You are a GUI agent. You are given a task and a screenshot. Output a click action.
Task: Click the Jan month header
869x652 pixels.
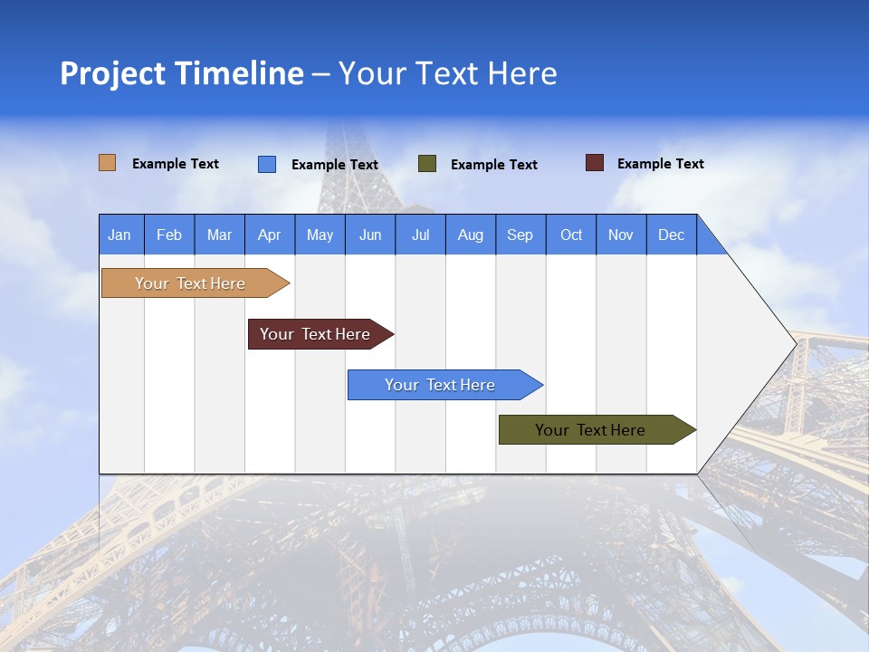tap(120, 235)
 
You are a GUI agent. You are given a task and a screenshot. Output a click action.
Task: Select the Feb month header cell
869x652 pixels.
tap(169, 235)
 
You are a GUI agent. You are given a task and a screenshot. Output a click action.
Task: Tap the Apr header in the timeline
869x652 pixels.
tap(270, 235)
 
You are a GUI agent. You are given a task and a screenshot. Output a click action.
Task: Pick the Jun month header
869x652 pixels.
tap(370, 235)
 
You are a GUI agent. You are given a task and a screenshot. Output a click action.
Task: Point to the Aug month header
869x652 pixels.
tap(471, 235)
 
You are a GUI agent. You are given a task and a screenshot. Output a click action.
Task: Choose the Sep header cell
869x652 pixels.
tap(520, 235)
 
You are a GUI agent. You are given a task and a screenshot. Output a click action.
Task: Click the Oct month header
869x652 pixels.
tap(571, 235)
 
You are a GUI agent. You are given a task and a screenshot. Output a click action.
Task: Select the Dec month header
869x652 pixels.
tap(672, 235)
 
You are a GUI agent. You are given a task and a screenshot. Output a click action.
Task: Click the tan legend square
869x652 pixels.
tap(108, 163)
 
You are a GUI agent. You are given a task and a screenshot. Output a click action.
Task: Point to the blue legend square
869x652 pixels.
tap(267, 164)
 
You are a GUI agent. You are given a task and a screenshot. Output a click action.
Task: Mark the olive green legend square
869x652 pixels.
tap(427, 164)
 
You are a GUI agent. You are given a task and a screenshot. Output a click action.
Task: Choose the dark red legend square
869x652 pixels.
tap(595, 163)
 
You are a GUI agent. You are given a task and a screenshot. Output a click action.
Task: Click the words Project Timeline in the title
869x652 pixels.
tap(182, 73)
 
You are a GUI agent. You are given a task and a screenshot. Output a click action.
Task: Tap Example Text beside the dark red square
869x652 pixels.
tap(660, 164)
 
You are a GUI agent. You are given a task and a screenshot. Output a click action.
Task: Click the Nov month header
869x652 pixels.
tap(621, 235)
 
